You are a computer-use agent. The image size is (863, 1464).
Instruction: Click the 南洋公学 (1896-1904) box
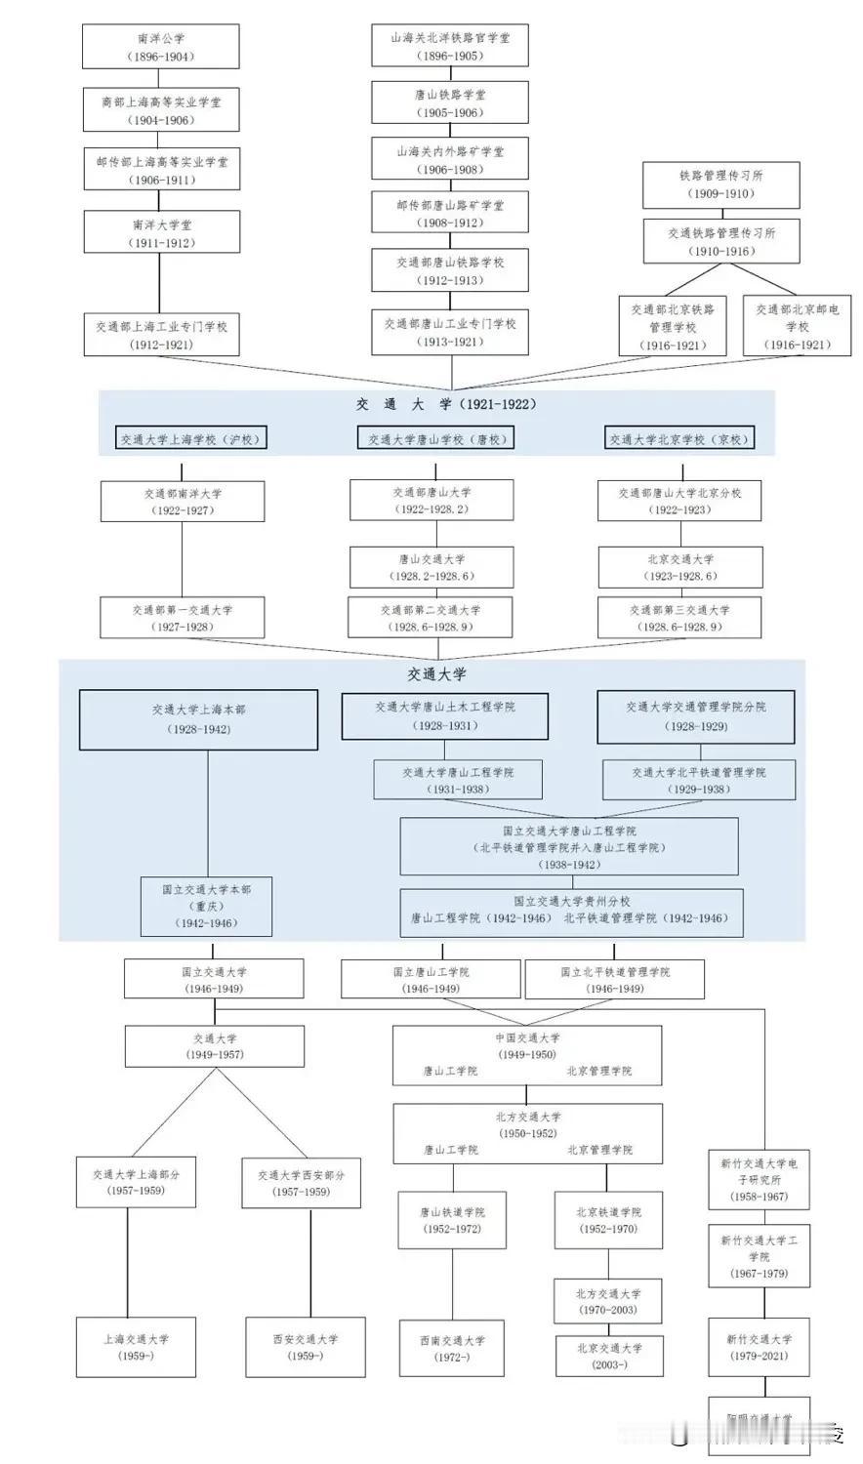click(160, 47)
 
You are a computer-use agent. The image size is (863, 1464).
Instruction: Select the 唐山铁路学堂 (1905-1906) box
click(450, 103)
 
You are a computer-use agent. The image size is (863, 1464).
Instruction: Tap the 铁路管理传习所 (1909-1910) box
click(720, 184)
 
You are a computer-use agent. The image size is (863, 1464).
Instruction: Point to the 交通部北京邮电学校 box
click(797, 326)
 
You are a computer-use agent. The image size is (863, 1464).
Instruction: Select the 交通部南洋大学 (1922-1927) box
click(183, 502)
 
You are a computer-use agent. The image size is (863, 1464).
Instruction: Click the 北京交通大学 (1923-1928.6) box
click(680, 567)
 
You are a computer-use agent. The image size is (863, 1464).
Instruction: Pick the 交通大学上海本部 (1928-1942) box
click(198, 719)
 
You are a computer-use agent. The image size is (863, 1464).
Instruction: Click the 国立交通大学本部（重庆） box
click(207, 906)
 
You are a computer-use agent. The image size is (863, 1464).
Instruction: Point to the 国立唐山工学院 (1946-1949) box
click(431, 980)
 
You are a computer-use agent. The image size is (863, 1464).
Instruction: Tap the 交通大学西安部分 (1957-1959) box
click(302, 1183)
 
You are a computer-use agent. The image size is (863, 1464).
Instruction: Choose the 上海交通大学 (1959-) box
click(136, 1347)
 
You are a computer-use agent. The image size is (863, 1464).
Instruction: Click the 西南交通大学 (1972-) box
click(452, 1348)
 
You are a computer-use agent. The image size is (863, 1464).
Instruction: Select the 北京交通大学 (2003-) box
click(609, 1356)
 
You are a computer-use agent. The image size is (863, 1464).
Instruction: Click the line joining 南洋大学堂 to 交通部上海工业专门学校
click(160, 283)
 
